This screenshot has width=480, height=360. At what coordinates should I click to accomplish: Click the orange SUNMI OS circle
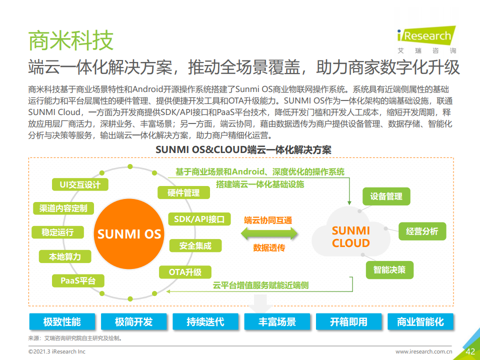129,234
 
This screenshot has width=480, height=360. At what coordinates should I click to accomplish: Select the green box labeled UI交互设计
80,184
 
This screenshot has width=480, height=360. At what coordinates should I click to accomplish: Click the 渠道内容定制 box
63,208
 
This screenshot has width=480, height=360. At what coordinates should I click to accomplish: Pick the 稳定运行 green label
57,232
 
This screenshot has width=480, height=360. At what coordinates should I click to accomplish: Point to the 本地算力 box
65,256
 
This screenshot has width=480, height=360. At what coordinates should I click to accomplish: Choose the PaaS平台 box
78,280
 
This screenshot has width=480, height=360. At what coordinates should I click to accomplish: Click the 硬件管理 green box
183,192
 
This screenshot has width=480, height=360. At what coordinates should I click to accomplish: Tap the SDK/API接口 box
199,219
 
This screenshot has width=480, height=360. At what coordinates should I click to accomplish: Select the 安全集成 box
195,246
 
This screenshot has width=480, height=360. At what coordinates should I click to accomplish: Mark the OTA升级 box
185,272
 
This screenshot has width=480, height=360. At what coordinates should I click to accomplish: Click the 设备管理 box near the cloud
386,196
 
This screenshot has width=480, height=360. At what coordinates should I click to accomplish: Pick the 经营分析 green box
422,231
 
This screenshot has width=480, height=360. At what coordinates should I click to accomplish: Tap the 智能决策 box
389,270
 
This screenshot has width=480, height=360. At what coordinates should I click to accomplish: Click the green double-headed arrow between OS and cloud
269,234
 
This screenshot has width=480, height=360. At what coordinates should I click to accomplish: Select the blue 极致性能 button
62,321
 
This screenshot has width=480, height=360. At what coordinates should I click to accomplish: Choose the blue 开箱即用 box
348,321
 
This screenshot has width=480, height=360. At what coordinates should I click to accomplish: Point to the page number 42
470,351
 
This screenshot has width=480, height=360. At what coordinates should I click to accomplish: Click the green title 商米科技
70,40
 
